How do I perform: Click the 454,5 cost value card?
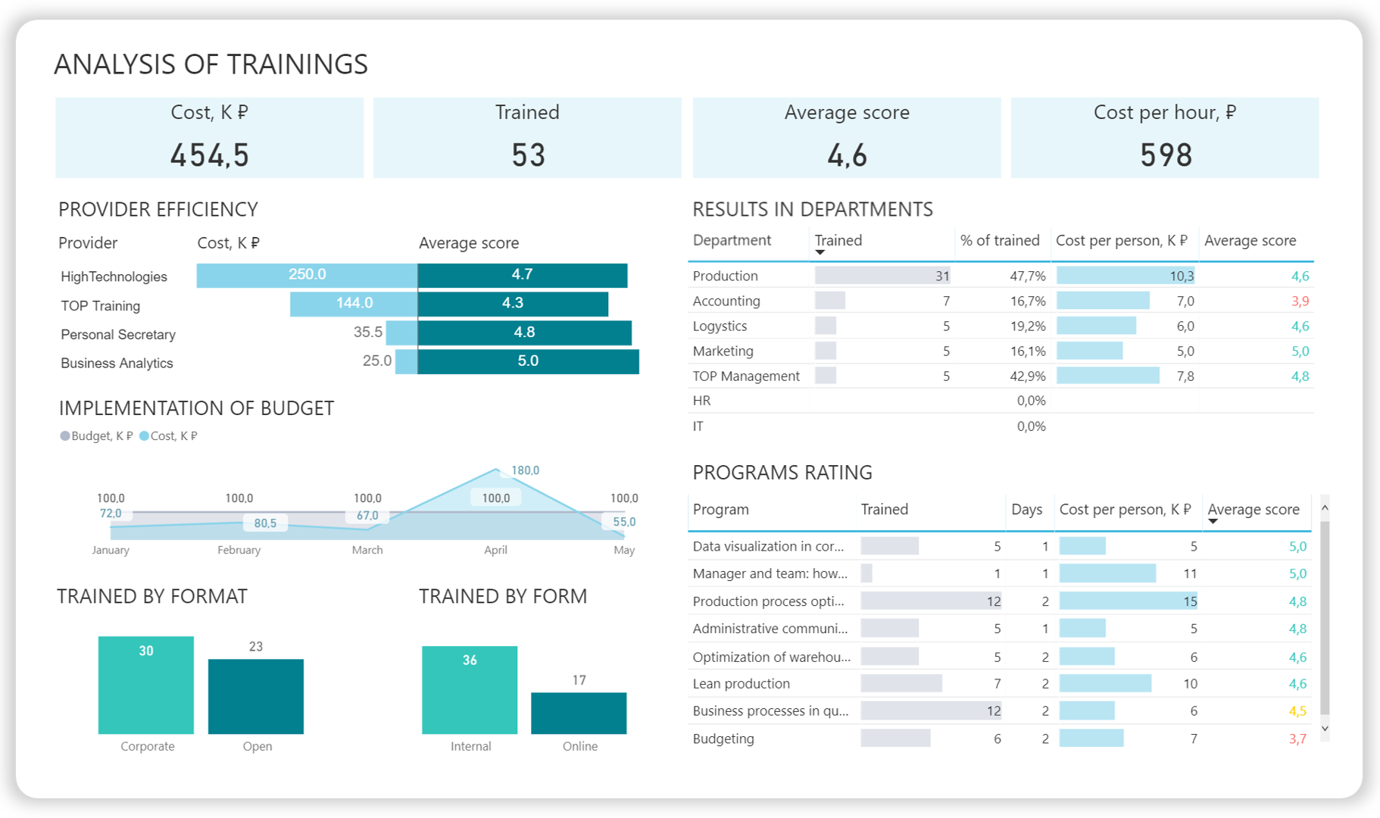pos(210,155)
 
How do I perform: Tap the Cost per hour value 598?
pos(1166,155)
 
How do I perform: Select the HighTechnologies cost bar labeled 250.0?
pos(307,275)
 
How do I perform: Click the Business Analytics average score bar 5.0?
pos(528,361)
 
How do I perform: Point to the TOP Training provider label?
pos(101,306)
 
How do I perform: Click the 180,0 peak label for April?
pos(525,470)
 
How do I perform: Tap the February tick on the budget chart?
pos(239,550)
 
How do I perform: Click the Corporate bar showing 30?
pos(146,685)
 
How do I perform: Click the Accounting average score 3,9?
pos(1300,301)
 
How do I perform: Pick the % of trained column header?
pos(1000,241)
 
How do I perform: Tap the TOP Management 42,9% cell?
pos(1028,376)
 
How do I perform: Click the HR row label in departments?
pos(701,401)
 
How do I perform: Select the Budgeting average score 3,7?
pos(1297,739)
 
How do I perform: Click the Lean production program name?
pos(741,684)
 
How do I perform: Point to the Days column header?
pos(1026,510)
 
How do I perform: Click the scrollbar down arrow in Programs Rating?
pos(1325,729)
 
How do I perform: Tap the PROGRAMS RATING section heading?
pos(782,473)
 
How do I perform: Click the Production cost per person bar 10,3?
pos(1126,276)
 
